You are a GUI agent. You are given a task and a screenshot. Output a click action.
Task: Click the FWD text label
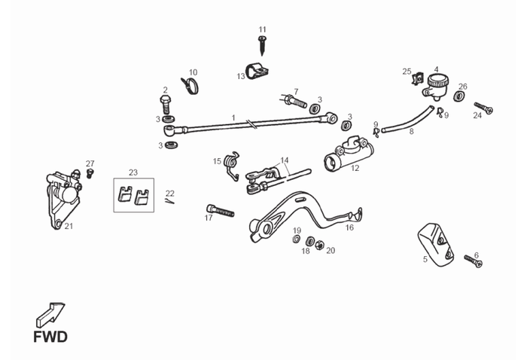50,337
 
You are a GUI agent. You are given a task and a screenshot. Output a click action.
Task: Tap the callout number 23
133,172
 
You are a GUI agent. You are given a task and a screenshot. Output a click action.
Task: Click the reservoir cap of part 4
436,79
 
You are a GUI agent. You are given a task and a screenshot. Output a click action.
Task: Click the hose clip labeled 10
191,87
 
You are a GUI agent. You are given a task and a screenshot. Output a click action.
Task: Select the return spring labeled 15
233,166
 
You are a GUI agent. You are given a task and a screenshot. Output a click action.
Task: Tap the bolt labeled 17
219,211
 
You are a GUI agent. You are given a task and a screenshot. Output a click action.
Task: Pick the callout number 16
349,227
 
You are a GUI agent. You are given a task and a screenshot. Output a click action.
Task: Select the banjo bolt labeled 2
166,104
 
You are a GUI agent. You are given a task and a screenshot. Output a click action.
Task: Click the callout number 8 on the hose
411,131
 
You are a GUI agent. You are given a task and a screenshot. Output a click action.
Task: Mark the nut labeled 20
320,245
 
